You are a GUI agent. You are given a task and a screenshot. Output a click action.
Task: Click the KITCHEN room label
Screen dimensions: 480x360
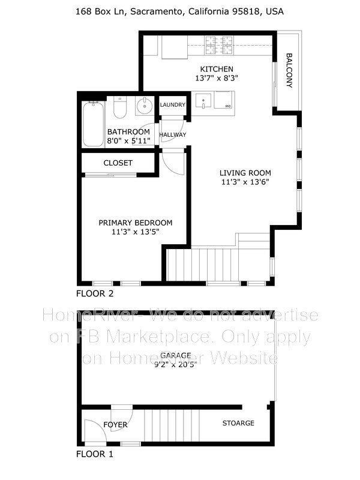pyautogui.click(x=217, y=69)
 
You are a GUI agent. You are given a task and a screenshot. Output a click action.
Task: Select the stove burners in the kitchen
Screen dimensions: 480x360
pyautogui.click(x=218, y=43)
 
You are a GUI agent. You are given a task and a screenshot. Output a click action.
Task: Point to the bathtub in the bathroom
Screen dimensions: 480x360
pyautogui.click(x=93, y=124)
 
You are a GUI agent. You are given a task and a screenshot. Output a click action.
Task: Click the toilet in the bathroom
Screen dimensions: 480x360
pyautogui.click(x=119, y=109)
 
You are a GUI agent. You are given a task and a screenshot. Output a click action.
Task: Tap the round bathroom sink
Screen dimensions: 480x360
pyautogui.click(x=145, y=107)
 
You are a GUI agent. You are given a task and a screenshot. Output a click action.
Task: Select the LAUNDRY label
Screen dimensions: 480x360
pyautogui.click(x=173, y=105)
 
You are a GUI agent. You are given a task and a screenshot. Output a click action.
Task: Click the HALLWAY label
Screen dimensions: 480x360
pyautogui.click(x=173, y=134)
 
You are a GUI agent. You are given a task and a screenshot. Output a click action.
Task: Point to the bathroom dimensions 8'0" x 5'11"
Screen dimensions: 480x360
pyautogui.click(x=128, y=141)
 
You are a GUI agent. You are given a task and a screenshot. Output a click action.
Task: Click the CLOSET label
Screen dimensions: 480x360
pyautogui.click(x=118, y=163)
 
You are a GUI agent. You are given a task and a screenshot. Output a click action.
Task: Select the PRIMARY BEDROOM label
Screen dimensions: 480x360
pyautogui.click(x=136, y=222)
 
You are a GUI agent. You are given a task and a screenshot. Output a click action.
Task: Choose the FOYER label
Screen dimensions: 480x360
pyautogui.click(x=115, y=424)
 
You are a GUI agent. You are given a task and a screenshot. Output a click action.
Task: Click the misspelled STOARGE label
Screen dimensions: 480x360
pyautogui.click(x=238, y=423)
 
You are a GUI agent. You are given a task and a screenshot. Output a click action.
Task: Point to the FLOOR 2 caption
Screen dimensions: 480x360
pyautogui.click(x=95, y=294)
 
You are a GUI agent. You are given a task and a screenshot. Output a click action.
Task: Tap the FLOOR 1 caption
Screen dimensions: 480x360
pyautogui.click(x=95, y=454)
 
